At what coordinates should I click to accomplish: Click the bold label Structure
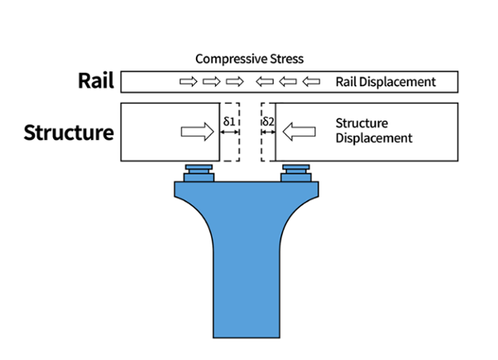[x=69, y=132]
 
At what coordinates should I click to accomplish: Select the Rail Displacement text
[x=385, y=82]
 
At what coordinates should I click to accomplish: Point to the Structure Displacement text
[x=373, y=131]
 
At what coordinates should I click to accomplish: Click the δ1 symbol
[x=230, y=121]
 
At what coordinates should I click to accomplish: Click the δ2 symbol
[x=267, y=121]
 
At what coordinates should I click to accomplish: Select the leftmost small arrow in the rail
[x=188, y=82]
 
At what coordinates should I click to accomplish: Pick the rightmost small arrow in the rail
[x=311, y=82]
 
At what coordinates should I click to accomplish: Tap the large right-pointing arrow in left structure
[x=196, y=131]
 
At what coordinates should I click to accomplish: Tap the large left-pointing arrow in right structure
[x=300, y=131]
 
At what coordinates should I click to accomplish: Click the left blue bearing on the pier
[x=198, y=173]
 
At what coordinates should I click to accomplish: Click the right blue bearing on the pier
[x=296, y=173]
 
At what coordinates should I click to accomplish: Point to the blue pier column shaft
[x=247, y=274]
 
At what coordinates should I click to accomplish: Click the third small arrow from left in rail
[x=235, y=82]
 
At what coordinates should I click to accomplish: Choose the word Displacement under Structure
[x=373, y=139]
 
